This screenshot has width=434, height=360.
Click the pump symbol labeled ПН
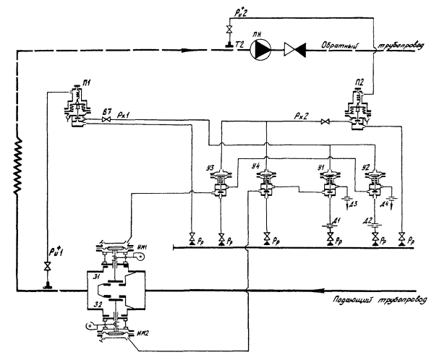(265, 51)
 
